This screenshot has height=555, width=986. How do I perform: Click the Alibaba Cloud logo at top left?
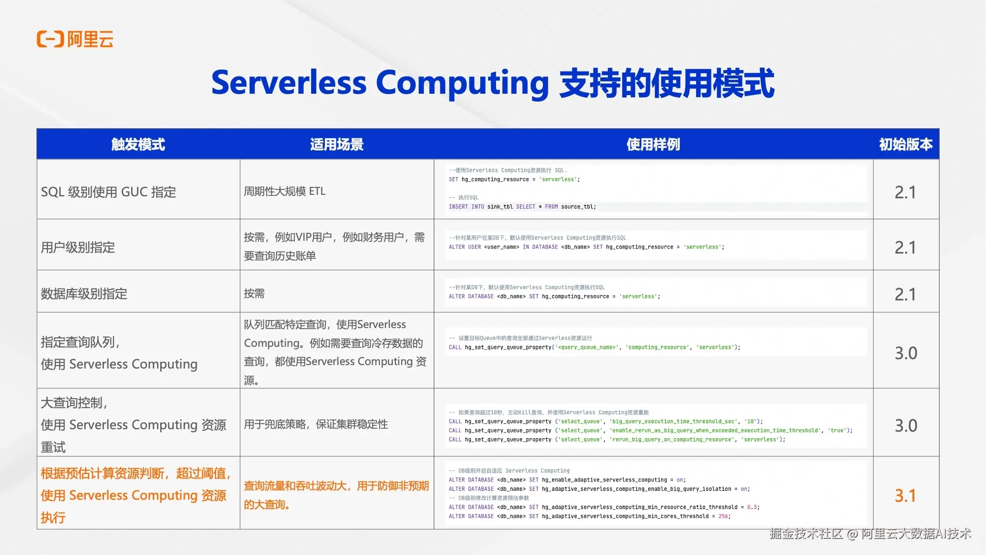[75, 39]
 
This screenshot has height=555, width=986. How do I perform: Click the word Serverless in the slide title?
[289, 82]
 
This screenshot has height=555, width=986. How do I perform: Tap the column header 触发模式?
[138, 145]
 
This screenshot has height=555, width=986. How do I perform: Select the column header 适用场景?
[337, 145]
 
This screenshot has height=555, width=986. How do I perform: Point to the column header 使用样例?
[653, 145]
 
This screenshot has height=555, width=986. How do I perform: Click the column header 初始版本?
[906, 145]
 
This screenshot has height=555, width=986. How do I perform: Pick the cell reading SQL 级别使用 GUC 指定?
[108, 192]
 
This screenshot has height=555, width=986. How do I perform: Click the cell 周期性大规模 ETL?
[284, 191]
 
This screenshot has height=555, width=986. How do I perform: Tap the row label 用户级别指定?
[78, 247]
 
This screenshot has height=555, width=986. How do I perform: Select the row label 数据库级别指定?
[84, 294]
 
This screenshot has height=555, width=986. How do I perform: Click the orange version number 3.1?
[905, 495]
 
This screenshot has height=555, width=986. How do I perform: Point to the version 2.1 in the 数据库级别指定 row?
[905, 295]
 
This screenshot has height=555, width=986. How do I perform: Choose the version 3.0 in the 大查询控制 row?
[906, 426]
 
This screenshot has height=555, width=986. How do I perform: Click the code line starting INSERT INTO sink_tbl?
[522, 207]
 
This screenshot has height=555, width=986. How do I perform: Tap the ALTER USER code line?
[586, 247]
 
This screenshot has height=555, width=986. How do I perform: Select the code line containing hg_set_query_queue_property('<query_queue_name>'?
[595, 347]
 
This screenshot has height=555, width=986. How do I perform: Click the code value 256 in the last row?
[723, 517]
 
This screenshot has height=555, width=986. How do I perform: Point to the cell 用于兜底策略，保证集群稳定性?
[316, 424]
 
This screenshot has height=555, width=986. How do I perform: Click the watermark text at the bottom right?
[870, 534]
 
